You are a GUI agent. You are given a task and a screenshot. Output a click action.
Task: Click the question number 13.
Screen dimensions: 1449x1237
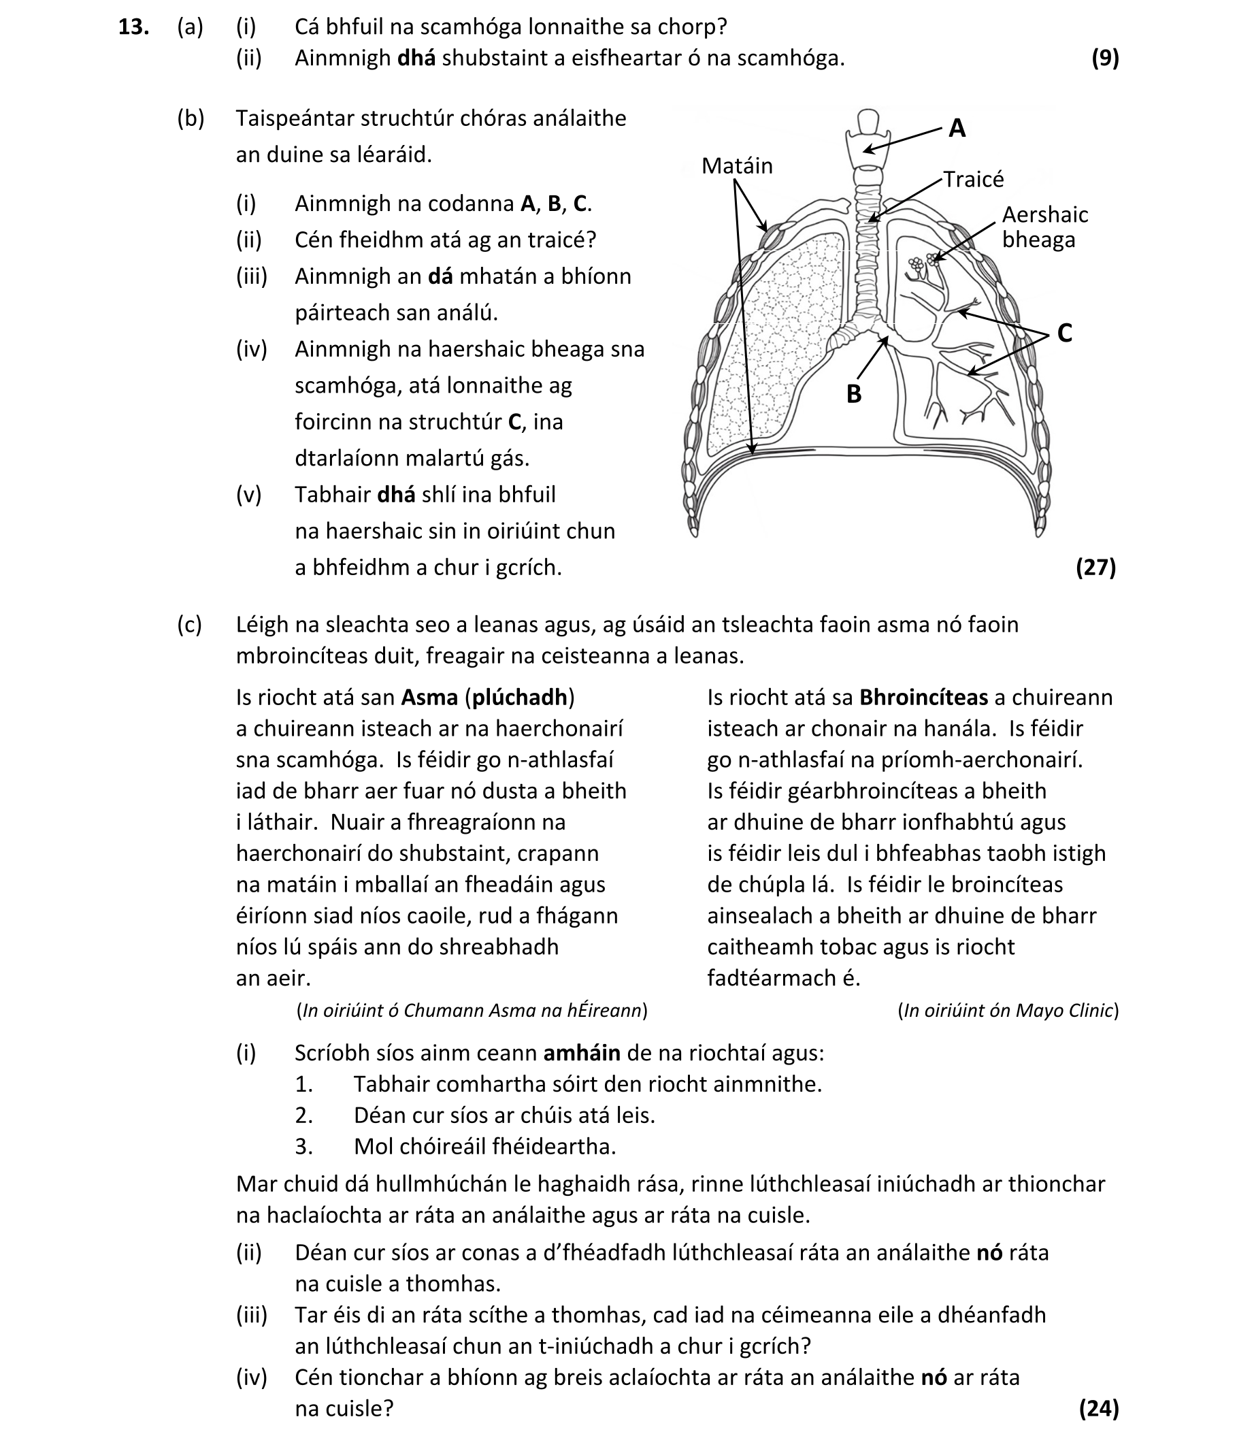pyautogui.click(x=134, y=27)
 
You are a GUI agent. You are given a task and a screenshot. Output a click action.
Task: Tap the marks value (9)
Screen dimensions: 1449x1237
pyautogui.click(x=1105, y=58)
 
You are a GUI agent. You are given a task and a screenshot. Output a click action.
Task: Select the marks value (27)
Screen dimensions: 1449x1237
pyautogui.click(x=1095, y=567)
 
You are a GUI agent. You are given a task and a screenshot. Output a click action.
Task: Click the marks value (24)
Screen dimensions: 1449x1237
pyautogui.click(x=1099, y=1407)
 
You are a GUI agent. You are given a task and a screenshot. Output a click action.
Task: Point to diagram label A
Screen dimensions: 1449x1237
pyautogui.click(x=957, y=129)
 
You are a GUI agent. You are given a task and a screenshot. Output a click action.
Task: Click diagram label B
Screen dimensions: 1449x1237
pyautogui.click(x=853, y=393)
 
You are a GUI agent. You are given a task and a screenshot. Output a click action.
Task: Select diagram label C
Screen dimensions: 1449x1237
pyautogui.click(x=1064, y=333)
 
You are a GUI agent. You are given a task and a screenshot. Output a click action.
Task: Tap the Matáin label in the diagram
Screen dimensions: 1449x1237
pyautogui.click(x=736, y=166)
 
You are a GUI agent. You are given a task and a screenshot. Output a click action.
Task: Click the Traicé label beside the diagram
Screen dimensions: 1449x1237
pyautogui.click(x=974, y=180)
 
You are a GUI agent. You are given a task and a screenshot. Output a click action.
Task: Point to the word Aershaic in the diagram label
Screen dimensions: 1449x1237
pyautogui.click(x=1044, y=214)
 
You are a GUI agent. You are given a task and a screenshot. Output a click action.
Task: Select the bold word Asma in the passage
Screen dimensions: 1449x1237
pyautogui.click(x=429, y=697)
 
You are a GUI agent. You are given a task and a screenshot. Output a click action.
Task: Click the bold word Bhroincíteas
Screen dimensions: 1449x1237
pyautogui.click(x=923, y=697)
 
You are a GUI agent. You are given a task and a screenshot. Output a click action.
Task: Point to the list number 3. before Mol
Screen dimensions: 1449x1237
pyautogui.click(x=303, y=1146)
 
